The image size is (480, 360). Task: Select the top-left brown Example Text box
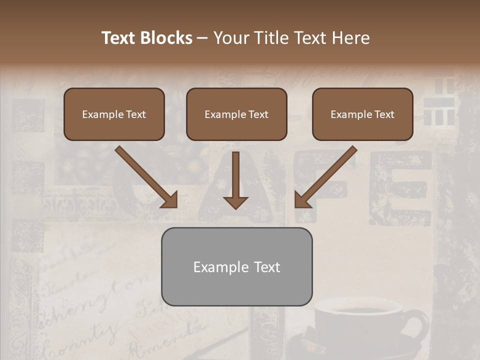click(x=114, y=114)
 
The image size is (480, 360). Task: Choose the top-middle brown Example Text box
click(x=236, y=114)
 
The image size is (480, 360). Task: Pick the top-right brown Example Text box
click(x=362, y=114)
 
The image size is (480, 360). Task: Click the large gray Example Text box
click(x=236, y=267)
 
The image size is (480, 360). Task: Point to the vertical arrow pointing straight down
click(x=235, y=180)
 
